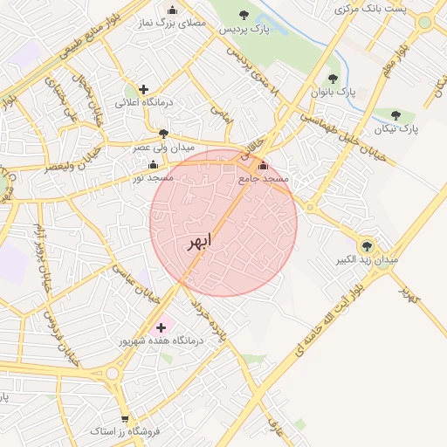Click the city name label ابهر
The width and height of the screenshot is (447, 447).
(198, 242)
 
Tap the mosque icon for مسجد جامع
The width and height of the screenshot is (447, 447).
(264, 165)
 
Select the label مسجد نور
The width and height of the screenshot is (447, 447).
(153, 177)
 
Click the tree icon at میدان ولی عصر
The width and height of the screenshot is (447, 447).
(163, 134)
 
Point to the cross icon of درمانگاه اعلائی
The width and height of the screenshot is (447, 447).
(143, 88)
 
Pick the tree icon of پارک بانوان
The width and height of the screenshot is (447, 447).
(332, 79)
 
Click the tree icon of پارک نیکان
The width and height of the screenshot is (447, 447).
(395, 115)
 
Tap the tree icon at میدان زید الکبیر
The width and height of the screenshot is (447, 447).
(367, 245)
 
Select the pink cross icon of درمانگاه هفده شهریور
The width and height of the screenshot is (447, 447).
(161, 327)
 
